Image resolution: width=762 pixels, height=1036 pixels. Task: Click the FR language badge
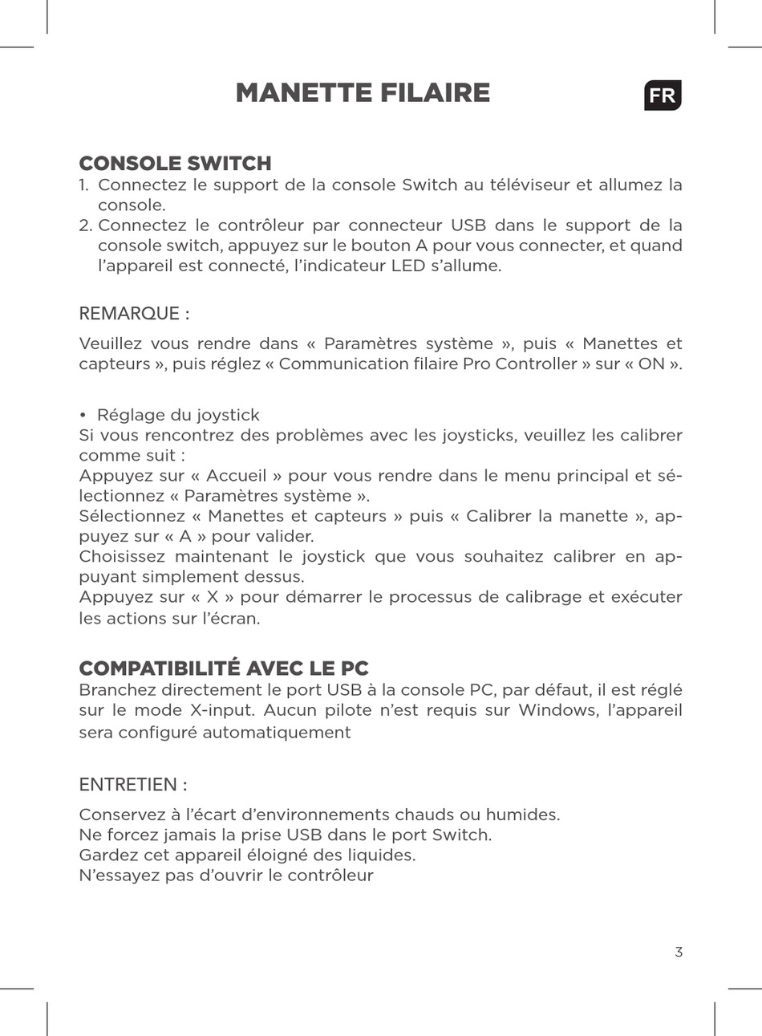point(662,95)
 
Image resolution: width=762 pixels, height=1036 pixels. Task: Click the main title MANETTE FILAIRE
point(363,93)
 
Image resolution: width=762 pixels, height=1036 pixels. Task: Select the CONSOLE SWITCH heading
point(175,163)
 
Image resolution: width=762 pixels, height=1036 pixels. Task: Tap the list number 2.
point(85,225)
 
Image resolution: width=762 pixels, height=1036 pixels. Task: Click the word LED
point(407,266)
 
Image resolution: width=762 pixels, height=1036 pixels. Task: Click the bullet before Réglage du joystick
point(83,416)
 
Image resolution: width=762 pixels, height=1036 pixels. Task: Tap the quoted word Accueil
point(236,476)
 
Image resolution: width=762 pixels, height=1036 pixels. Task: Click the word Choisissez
point(122,557)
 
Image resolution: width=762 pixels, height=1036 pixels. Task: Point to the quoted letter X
point(212,597)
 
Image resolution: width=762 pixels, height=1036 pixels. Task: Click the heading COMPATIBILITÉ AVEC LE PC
point(224,668)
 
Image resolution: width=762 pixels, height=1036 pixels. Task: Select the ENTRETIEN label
point(133,784)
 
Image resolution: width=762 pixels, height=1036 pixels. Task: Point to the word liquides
point(382,855)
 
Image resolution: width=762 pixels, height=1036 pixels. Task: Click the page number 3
point(679,953)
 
